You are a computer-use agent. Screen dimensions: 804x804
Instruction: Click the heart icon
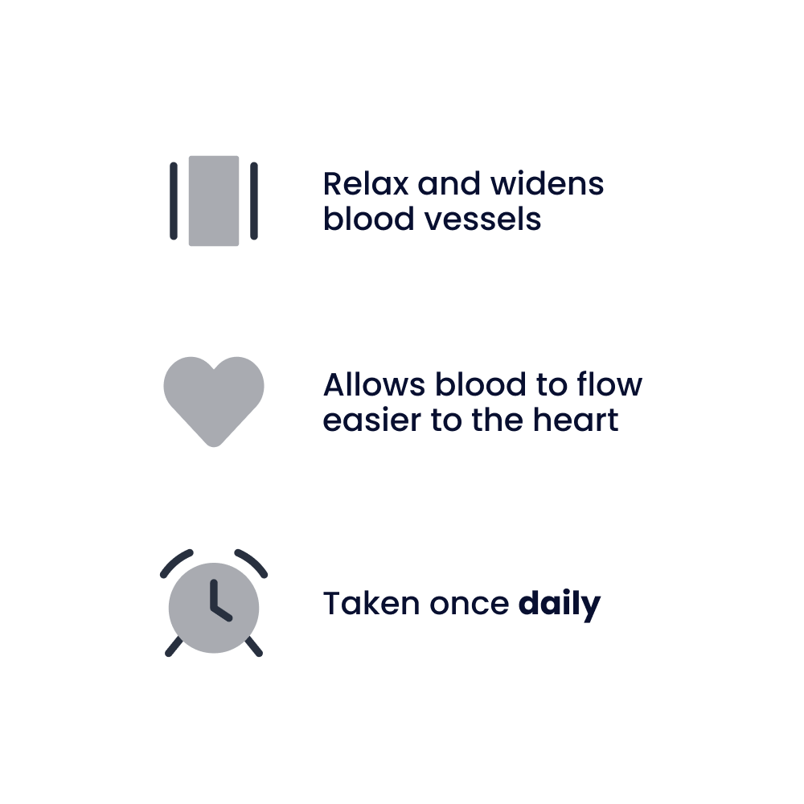pos(214,398)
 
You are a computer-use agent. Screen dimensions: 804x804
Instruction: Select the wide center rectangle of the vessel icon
pos(214,201)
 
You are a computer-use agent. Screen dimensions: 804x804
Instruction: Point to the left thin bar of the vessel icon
pos(174,201)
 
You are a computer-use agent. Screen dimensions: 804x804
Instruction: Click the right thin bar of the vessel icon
pos(254,201)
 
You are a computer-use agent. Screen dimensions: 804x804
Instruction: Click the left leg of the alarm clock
pos(173,648)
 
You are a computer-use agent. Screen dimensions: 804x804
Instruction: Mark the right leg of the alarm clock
pos(255,648)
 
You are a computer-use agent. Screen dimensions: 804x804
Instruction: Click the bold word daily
pos(560,604)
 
